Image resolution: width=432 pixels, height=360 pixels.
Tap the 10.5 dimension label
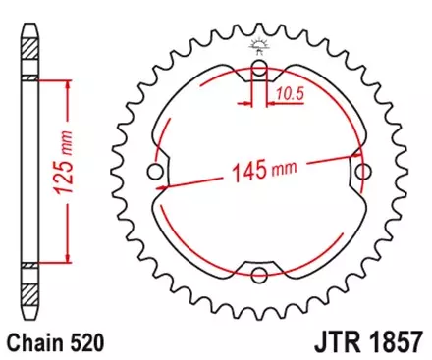pyautogui.click(x=288, y=94)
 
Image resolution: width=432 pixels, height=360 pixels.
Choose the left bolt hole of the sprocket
pyautogui.click(x=154, y=173)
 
